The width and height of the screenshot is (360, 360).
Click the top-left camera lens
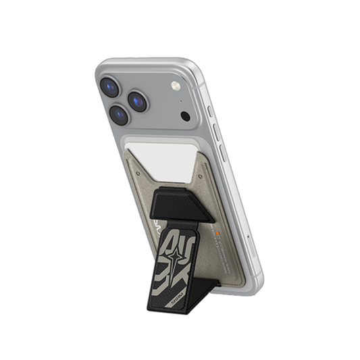point(110,86)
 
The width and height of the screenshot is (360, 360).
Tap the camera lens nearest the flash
point(138,101)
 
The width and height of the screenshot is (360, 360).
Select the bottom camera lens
point(120,115)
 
